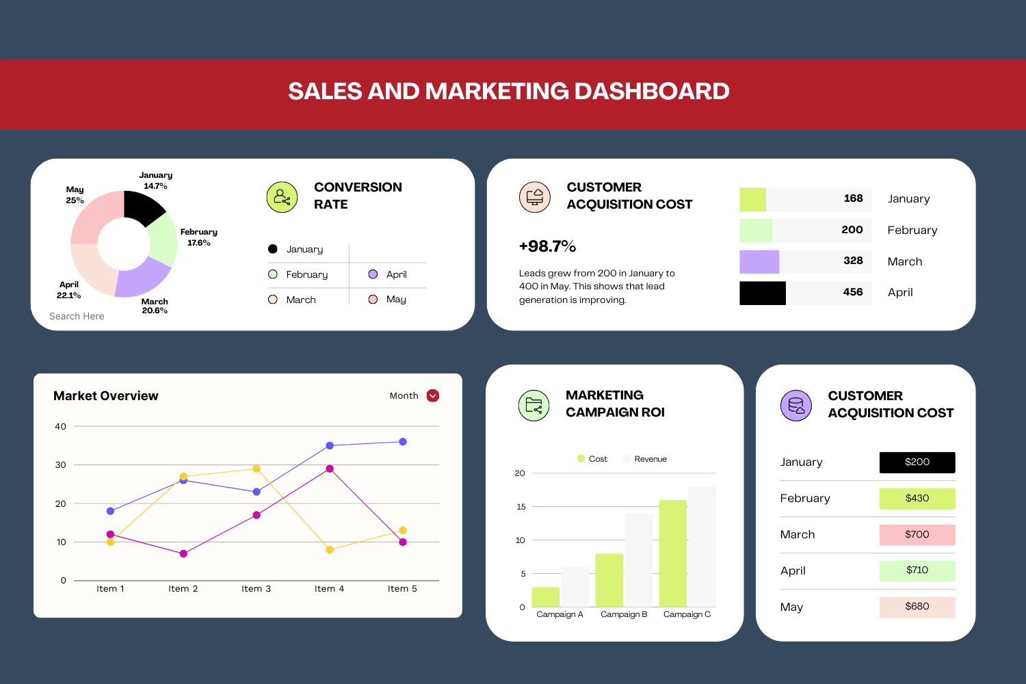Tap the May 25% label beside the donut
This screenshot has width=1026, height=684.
tap(75, 195)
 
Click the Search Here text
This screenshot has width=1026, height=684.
tap(77, 316)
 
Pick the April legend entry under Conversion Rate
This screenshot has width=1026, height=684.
tap(388, 274)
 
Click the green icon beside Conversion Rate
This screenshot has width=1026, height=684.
tap(282, 198)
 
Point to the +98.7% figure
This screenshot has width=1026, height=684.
tap(547, 246)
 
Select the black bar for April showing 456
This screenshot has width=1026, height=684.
tap(762, 293)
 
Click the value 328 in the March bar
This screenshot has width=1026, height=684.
tap(853, 261)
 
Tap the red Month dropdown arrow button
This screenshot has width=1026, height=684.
tap(432, 395)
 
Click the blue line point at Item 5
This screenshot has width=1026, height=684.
tap(403, 442)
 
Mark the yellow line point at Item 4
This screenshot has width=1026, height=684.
tap(330, 550)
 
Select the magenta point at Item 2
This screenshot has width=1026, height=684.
tap(183, 553)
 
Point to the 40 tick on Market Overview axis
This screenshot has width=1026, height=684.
tap(61, 426)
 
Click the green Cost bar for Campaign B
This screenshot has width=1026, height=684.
tap(609, 580)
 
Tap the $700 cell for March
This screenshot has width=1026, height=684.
tap(917, 534)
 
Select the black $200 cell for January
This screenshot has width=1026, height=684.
tap(917, 462)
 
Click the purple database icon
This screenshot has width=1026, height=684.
tap(795, 406)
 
